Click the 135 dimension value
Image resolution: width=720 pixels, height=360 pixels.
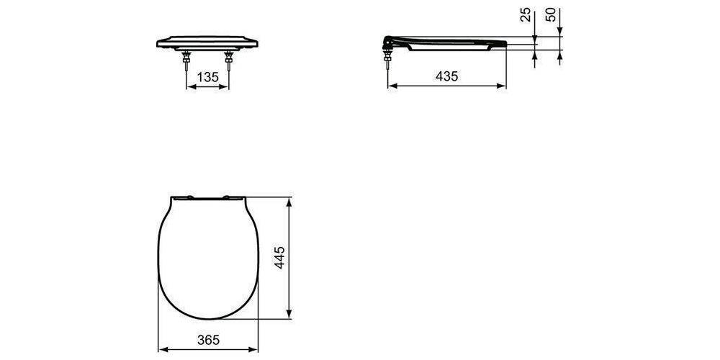tap(208, 77)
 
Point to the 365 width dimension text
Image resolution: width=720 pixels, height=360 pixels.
tap(207, 338)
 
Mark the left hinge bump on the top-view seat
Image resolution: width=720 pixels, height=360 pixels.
tap(181, 196)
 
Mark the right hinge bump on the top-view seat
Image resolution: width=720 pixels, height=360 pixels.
tap(233, 196)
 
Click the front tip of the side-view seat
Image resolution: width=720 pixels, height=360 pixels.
tap(503, 44)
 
